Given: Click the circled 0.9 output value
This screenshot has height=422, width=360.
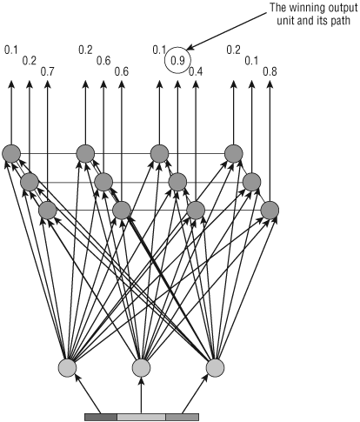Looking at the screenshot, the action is pyautogui.click(x=177, y=61).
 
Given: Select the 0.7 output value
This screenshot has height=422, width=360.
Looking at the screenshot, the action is pyautogui.click(x=48, y=71).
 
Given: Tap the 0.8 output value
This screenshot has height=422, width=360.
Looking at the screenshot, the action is pyautogui.click(x=270, y=71).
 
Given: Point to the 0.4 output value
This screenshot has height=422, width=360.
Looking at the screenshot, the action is pyautogui.click(x=196, y=71).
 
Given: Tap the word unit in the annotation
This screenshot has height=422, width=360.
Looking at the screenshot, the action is pyautogui.click(x=286, y=21).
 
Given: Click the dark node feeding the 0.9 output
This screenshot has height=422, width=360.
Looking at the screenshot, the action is pyautogui.click(x=177, y=182).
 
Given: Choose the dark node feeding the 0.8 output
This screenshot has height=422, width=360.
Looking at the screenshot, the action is pyautogui.click(x=270, y=210).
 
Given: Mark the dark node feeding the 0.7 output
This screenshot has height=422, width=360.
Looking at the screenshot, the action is pyautogui.click(x=48, y=210).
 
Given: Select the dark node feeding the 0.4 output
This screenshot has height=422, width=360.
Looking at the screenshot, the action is pyautogui.click(x=196, y=210).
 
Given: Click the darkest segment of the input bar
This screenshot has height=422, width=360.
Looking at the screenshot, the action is pyautogui.click(x=101, y=417).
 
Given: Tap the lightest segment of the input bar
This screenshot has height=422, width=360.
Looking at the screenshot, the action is pyautogui.click(x=142, y=417).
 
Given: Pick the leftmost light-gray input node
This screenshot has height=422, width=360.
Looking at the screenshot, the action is pyautogui.click(x=67, y=367).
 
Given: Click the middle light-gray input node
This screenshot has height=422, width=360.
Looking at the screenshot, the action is pyautogui.click(x=141, y=367).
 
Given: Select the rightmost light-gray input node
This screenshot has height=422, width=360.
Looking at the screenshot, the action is pyautogui.click(x=215, y=367).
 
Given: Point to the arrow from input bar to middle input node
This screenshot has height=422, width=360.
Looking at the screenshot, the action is pyautogui.click(x=141, y=395).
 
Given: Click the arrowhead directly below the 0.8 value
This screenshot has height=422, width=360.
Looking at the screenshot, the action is pyautogui.click(x=270, y=84).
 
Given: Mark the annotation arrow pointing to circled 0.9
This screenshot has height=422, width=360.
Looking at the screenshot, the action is pyautogui.click(x=227, y=30).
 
